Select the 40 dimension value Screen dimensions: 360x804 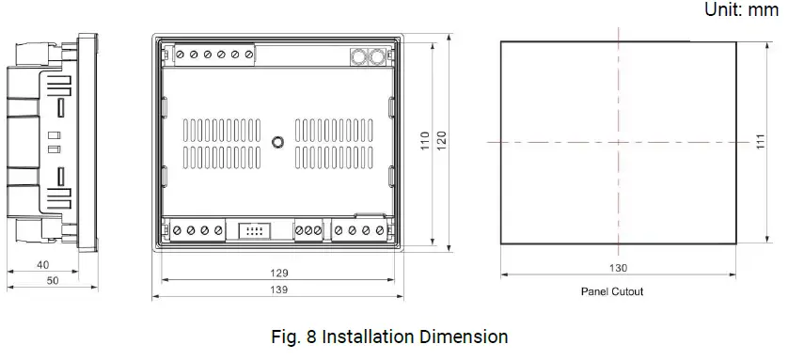42,265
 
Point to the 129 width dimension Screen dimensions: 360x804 278,273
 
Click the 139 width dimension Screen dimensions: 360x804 278,290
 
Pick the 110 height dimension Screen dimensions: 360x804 425,141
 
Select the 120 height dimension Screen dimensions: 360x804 442,141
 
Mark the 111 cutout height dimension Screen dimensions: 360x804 760,141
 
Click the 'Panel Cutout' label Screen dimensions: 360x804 612,291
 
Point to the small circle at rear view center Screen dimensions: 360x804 277,142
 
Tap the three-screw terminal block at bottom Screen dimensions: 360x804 308,229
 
